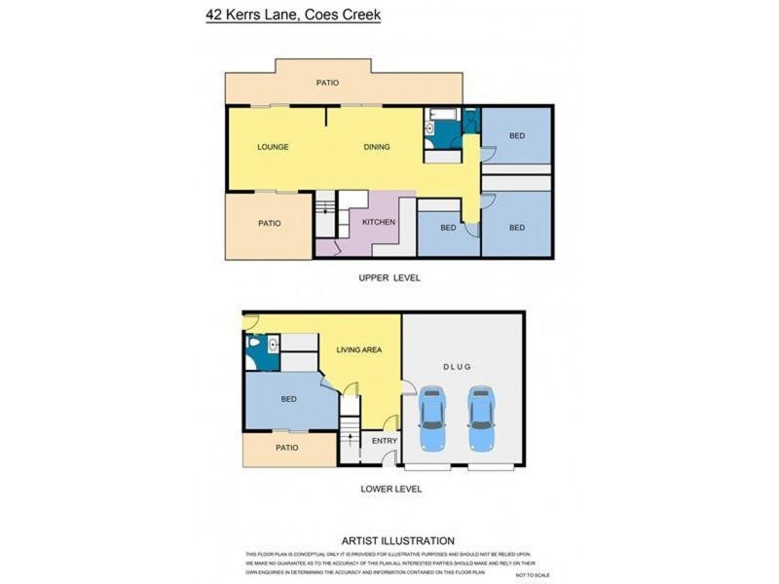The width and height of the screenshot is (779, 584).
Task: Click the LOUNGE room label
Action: tap(273, 147)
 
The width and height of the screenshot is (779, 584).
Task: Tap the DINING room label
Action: tap(377, 147)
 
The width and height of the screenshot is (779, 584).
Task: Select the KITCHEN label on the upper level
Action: tap(379, 223)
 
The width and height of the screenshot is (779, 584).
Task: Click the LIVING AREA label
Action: tap(358, 349)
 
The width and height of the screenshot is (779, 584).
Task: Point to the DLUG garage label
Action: tap(457, 367)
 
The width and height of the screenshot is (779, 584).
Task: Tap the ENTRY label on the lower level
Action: tap(385, 441)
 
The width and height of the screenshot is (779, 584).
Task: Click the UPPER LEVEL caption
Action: tap(389, 277)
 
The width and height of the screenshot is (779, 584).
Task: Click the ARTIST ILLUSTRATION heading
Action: tap(397, 540)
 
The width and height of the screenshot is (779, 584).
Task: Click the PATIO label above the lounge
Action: tap(327, 83)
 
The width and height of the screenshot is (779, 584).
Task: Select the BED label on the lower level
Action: tap(288, 399)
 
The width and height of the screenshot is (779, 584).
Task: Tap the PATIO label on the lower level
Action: tap(286, 448)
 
